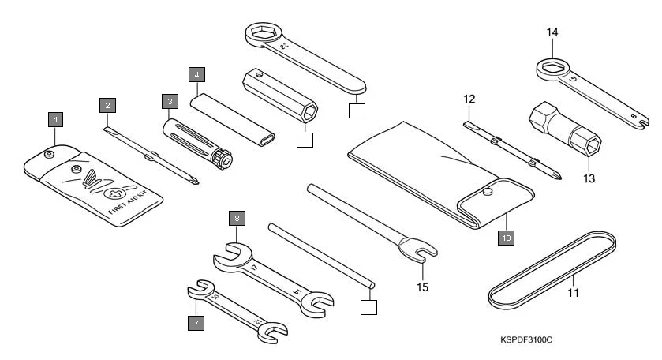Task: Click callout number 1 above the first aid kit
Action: pyautogui.click(x=54, y=120)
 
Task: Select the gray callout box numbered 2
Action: pyautogui.click(x=107, y=104)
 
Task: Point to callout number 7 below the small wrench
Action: pyautogui.click(x=193, y=322)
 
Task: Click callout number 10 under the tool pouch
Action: pyautogui.click(x=506, y=235)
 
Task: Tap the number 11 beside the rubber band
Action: pyautogui.click(x=573, y=293)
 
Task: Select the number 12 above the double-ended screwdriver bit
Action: pyautogui.click(x=469, y=99)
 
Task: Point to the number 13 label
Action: pyautogui.click(x=588, y=178)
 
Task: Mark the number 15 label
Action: pyautogui.click(x=423, y=287)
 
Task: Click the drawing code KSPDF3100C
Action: pyautogui.click(x=526, y=340)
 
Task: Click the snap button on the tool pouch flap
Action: pyautogui.click(x=487, y=190)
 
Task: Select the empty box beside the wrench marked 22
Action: pyautogui.click(x=357, y=110)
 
